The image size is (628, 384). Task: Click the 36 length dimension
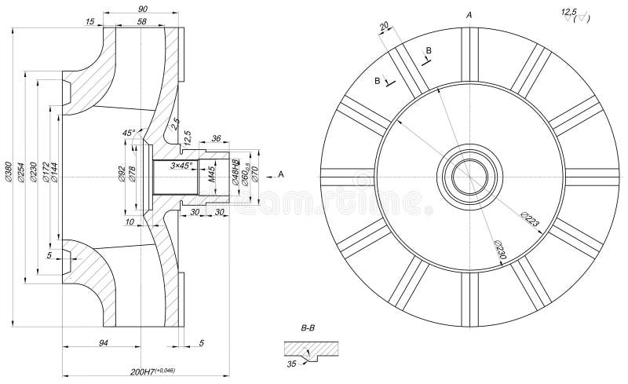coord(217,138)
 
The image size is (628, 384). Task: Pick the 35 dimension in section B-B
coord(292,364)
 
